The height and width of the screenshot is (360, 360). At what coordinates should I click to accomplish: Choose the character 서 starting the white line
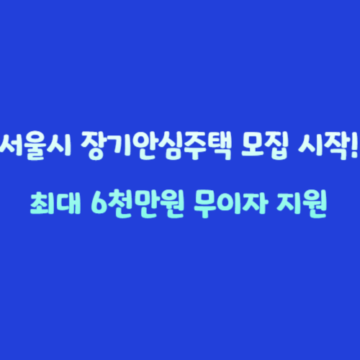click(12, 137)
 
